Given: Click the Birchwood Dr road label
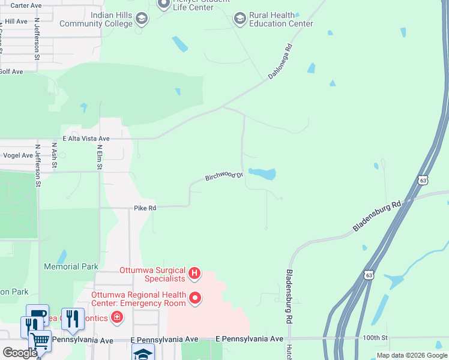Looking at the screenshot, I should point(224,176).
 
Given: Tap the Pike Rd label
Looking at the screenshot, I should point(145,208).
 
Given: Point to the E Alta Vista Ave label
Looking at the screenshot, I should point(86,139).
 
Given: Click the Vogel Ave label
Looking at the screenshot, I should point(18,155).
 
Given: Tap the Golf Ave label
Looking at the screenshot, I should point(11,71).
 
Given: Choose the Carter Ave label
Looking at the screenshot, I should point(26,5).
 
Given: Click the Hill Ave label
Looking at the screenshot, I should point(16,22).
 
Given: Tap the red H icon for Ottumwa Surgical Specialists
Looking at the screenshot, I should point(194,274).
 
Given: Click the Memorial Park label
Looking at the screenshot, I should point(71,266).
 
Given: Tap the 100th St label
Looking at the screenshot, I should point(375,339).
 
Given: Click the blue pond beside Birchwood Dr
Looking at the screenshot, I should point(262,174).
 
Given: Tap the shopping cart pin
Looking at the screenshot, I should point(40,340).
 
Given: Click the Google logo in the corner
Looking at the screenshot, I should point(20,352).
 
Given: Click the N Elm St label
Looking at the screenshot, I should point(100,157).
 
